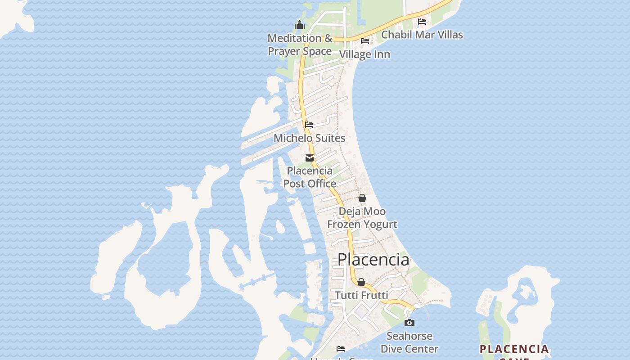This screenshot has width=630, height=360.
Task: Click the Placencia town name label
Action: (373, 260)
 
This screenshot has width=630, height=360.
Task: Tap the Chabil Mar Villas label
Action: (422, 35)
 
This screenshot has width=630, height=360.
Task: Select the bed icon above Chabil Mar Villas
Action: (422, 21)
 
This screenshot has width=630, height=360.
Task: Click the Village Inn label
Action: (364, 54)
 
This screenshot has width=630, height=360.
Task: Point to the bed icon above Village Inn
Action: (365, 41)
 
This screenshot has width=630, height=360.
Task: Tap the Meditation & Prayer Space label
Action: (300, 45)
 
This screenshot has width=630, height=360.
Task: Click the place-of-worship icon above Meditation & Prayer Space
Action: (300, 25)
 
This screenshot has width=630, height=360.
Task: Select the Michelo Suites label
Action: (310, 138)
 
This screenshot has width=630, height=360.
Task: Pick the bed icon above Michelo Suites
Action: (309, 125)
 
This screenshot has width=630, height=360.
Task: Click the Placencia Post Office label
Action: (310, 177)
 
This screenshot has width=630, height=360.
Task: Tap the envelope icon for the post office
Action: (310, 158)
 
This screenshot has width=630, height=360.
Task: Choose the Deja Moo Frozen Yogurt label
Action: (362, 218)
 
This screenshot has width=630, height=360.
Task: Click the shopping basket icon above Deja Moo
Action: (362, 198)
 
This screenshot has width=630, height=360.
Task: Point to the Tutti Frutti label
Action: (362, 296)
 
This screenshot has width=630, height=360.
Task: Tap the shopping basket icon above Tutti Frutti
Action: (361, 282)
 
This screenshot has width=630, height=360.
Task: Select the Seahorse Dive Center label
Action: (409, 342)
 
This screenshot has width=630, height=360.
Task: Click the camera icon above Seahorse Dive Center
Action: (409, 323)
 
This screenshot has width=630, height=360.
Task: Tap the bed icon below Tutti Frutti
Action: (341, 348)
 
